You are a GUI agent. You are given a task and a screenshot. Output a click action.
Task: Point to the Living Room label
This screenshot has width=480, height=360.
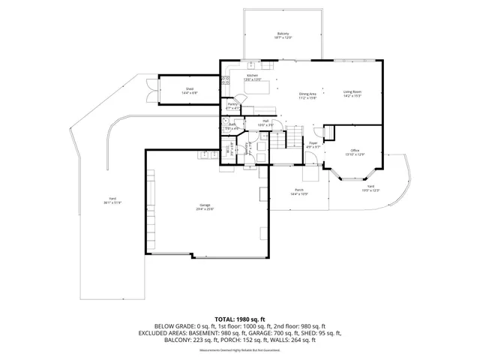tap(352, 94)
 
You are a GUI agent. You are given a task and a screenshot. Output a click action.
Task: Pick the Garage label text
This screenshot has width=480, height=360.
tap(205, 207)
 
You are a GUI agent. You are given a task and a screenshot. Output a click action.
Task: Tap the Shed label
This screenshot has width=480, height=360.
tap(189, 91)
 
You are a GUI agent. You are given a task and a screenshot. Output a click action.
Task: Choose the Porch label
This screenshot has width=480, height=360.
tap(298, 192)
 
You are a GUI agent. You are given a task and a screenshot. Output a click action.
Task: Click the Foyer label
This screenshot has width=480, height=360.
tap(313, 145)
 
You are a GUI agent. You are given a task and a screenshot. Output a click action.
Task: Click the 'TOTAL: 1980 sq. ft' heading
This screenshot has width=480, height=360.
tap(239, 319)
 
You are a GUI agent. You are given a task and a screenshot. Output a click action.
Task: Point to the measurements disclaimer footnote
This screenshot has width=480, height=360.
tap(239, 350)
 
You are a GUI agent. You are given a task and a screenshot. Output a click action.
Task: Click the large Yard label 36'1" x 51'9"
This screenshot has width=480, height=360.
tap(113, 201)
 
